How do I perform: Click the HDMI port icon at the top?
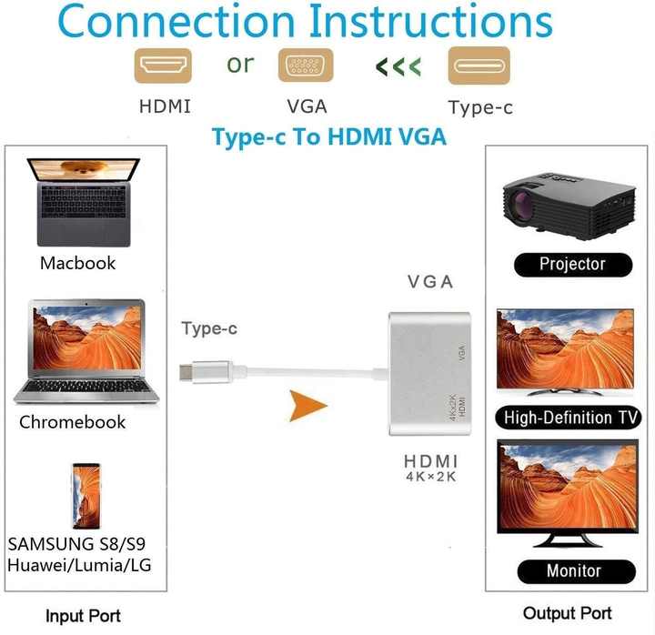(x=163, y=66)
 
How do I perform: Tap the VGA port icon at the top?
(x=306, y=66)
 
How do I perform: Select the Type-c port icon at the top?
(x=479, y=66)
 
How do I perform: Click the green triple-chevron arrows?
(x=398, y=66)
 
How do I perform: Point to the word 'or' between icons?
(x=240, y=65)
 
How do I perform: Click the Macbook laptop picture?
(x=84, y=202)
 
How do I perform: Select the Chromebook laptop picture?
(x=86, y=352)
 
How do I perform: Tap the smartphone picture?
(x=86, y=496)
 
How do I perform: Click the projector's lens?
(x=522, y=205)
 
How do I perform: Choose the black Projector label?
(x=573, y=265)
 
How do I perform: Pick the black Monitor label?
(x=577, y=571)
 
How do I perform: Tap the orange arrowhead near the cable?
(x=307, y=406)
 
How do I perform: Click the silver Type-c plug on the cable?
(x=205, y=371)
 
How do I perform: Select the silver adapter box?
(x=429, y=374)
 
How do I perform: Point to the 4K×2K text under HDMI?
(x=430, y=477)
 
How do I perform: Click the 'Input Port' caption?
(x=83, y=616)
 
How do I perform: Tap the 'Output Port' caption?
(x=568, y=613)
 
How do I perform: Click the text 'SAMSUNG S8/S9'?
(x=76, y=544)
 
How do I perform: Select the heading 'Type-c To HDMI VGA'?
(x=329, y=137)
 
